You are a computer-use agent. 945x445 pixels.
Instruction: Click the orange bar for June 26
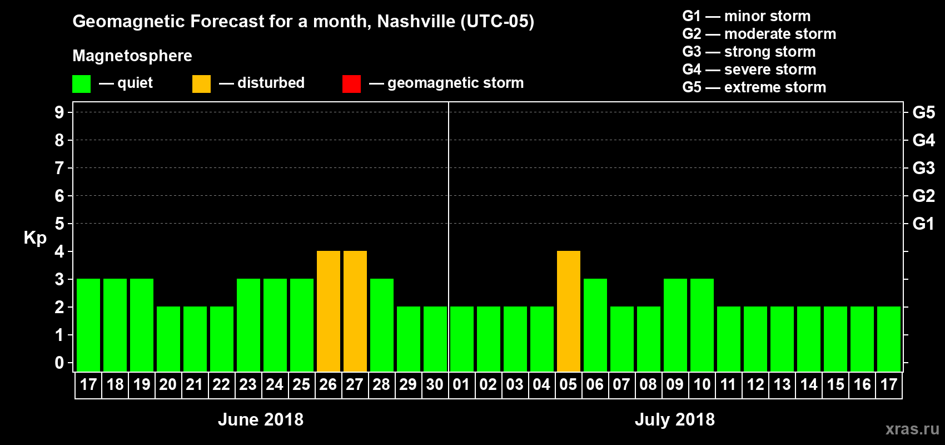pos(328,311)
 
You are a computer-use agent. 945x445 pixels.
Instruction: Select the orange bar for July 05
pos(568,311)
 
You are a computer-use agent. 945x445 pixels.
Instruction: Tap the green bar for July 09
pos(675,325)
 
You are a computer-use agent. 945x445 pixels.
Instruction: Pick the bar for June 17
pos(88,325)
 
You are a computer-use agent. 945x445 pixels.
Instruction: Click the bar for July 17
pos(888,339)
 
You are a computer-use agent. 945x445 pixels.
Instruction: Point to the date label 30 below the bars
pos(435,385)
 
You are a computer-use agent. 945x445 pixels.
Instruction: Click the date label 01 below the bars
pos(461,385)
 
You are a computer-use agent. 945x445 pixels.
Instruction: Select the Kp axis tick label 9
pos(59,112)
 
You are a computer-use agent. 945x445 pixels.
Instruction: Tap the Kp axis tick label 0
pos(59,363)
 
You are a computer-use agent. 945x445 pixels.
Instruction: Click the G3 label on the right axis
pos(923,168)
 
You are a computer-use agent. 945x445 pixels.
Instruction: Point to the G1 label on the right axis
pos(923,224)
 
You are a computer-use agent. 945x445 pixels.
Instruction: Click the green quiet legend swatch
pos(81,84)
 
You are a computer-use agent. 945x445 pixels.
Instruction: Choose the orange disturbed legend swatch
pos(201,84)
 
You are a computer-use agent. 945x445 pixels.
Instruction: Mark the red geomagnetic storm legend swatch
pos(351,84)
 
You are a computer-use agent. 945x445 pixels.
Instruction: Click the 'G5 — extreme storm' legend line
pos(754,87)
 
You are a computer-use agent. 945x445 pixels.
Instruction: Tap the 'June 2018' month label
pos(261,419)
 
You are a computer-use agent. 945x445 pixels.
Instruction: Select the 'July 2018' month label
pos(674,419)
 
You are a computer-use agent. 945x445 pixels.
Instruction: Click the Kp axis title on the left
pos(35,238)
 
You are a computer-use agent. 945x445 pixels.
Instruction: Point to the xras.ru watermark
pos(912,429)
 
